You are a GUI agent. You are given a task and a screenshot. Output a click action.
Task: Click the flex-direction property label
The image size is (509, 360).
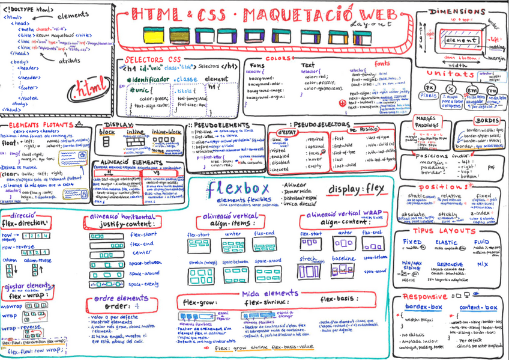[28, 223]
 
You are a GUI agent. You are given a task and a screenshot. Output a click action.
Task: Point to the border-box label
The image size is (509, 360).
[423, 307]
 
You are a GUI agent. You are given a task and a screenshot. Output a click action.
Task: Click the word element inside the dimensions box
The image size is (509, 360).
[462, 40]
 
